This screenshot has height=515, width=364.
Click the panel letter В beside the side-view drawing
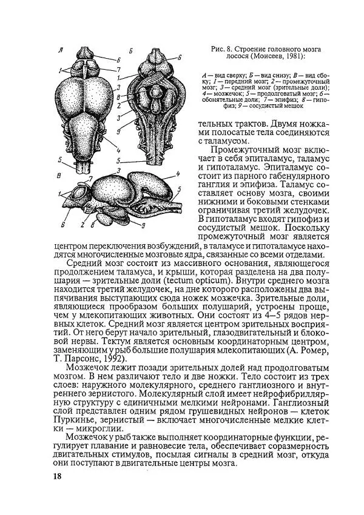[56, 176]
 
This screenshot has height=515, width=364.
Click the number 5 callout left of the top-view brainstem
[59, 161]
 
